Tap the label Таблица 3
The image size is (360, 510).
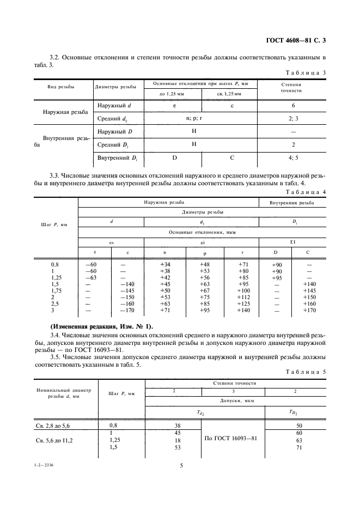coord(307,72)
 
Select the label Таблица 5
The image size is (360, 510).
coord(307,372)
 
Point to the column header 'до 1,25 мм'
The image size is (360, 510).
coord(172,94)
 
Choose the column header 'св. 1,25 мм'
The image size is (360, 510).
coord(229,94)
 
